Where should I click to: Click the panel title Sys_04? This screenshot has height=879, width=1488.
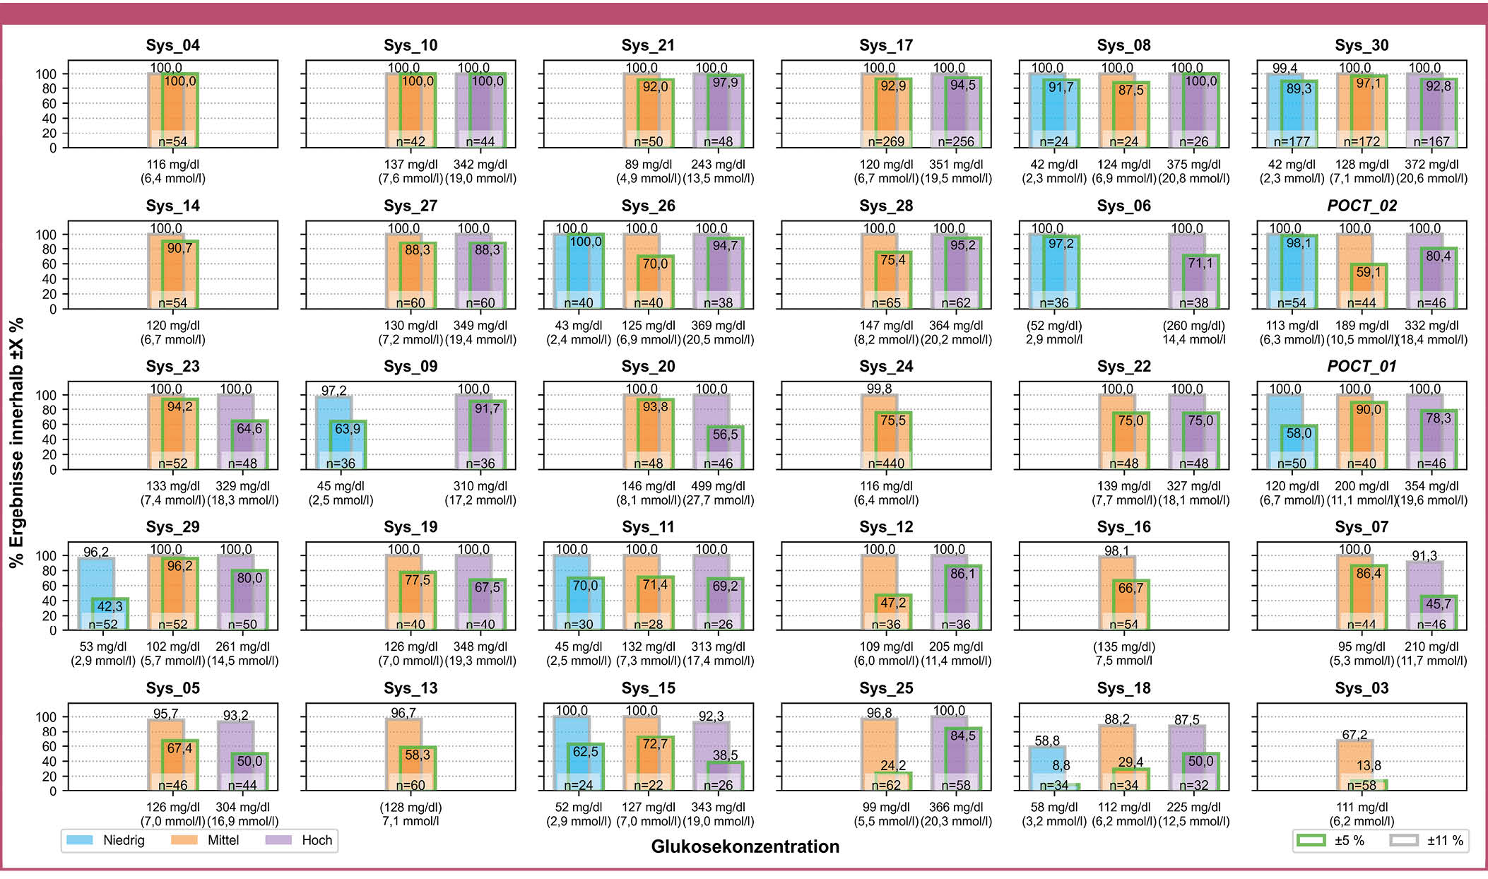click(172, 45)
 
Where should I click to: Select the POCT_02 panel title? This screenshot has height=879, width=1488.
click(1362, 206)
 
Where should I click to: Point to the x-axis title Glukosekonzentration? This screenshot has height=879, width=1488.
click(745, 846)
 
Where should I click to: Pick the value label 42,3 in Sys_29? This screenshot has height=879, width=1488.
click(110, 606)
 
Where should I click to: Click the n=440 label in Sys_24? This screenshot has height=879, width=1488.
click(886, 464)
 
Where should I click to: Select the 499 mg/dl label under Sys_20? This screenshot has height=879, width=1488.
click(718, 486)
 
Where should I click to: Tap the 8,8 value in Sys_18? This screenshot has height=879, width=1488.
click(1061, 765)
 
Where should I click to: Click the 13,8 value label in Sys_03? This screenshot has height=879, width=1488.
click(1369, 765)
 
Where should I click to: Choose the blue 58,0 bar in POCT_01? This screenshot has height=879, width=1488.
click(1299, 447)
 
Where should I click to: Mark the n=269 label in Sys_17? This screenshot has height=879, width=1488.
click(886, 141)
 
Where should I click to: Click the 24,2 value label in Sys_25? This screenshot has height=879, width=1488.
click(893, 765)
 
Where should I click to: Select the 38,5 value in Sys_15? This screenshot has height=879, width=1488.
click(725, 755)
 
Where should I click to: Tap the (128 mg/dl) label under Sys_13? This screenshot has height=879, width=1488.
click(411, 807)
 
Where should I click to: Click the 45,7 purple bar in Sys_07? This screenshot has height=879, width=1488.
click(1439, 613)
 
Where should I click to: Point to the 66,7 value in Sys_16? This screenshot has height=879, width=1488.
click(1130, 588)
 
